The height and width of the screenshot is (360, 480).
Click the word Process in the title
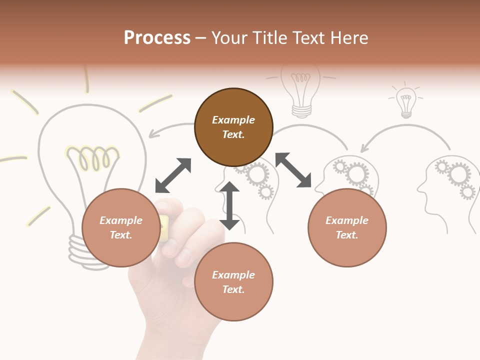tap(157, 38)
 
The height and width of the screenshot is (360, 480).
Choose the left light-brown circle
tap(121, 227)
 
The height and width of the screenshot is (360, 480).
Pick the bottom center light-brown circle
tap(233, 281)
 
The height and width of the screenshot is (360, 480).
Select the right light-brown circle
tap(347, 227)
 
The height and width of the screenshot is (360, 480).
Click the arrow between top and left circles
tap(173, 175)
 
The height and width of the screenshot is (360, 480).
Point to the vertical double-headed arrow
tap(229, 205)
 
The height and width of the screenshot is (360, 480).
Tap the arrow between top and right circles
tap(293, 170)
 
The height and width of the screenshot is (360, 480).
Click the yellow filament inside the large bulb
tap(92, 157)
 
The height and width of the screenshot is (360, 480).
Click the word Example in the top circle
tap(233, 120)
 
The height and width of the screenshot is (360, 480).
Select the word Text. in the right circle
tap(346, 235)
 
